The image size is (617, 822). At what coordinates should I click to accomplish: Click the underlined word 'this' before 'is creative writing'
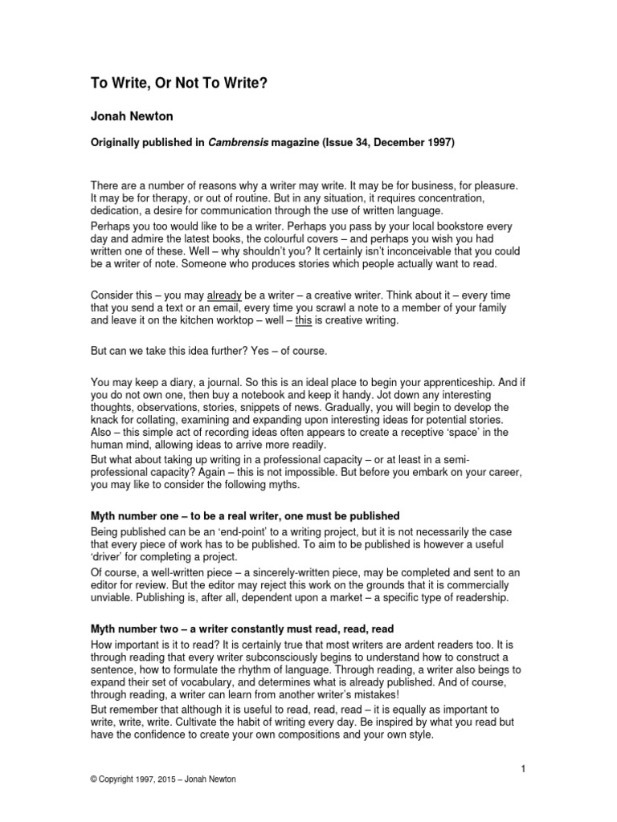(304, 320)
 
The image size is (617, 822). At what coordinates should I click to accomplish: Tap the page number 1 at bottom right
(522, 770)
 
